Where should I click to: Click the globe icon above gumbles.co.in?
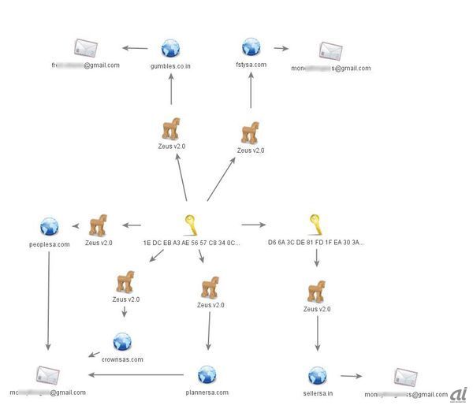[x=171, y=49]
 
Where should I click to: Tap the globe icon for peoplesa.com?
[x=49, y=226]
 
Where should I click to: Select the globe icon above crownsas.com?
[x=122, y=341]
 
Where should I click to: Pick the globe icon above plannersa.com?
[x=207, y=374]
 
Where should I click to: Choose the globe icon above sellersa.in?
[x=317, y=375]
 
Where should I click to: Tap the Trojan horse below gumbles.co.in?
[x=171, y=128]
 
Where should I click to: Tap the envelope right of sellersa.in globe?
[x=405, y=377]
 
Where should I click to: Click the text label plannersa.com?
[x=207, y=392]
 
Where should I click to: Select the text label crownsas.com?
[x=122, y=359]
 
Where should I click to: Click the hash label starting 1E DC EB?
[x=191, y=243]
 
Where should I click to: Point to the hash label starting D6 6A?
[x=315, y=243]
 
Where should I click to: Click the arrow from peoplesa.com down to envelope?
[x=49, y=299]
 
